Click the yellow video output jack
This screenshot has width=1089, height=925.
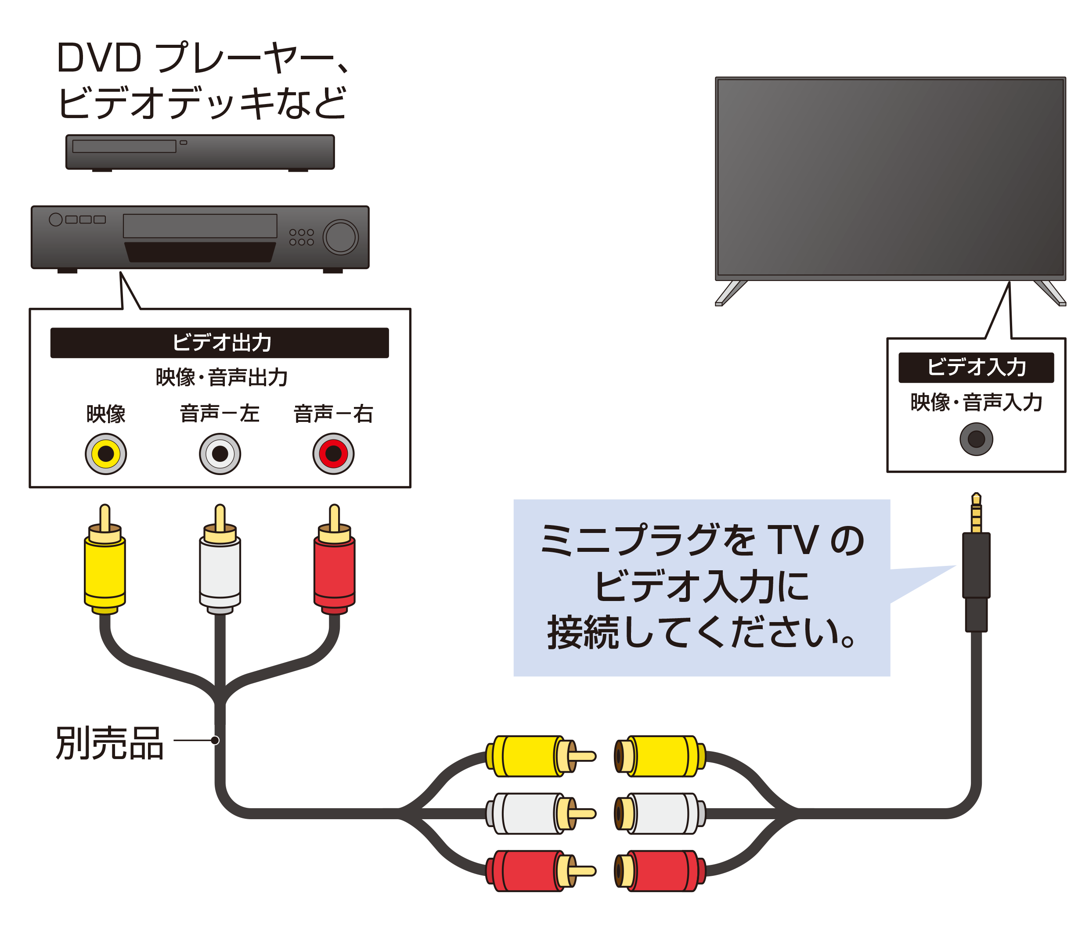(x=105, y=454)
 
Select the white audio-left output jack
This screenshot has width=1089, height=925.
(x=220, y=454)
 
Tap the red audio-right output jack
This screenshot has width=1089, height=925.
(x=333, y=454)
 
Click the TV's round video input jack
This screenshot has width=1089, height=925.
(x=976, y=439)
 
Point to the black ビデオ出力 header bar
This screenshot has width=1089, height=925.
(x=219, y=343)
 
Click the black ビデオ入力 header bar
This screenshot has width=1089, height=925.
(x=976, y=367)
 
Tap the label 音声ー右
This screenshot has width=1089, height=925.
(x=333, y=413)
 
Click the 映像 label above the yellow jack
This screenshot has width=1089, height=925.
(x=105, y=414)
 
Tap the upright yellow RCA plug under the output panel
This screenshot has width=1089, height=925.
(x=105, y=559)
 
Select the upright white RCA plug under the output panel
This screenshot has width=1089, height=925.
(x=220, y=559)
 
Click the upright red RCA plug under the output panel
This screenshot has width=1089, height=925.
(x=334, y=559)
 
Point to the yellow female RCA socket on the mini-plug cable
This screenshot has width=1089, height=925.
(x=660, y=756)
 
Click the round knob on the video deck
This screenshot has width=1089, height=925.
(x=340, y=237)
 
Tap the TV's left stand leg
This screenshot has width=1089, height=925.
(x=730, y=292)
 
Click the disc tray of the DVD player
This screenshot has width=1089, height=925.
(x=124, y=146)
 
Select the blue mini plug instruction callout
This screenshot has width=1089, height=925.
(x=701, y=588)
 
